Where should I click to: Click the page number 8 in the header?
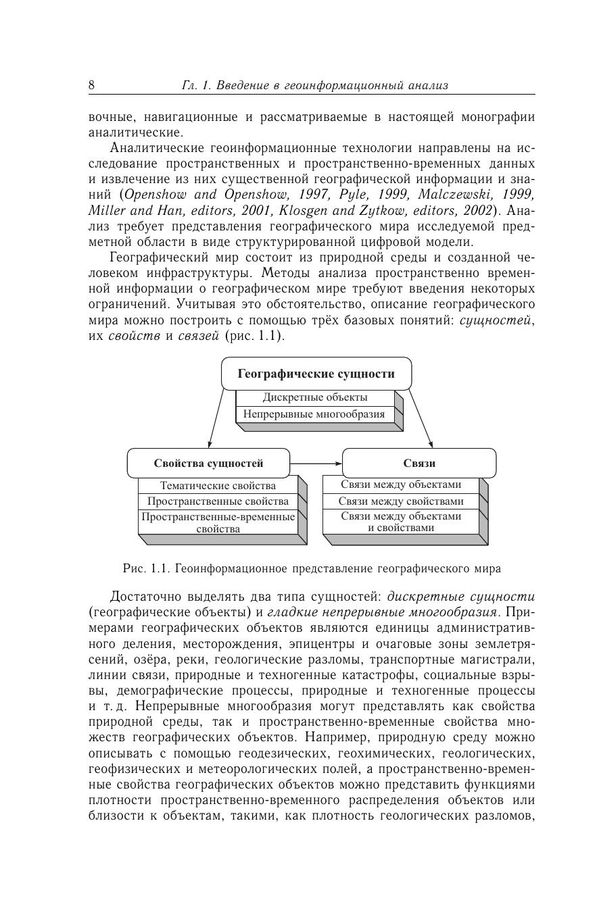92,85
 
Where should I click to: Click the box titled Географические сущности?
316,374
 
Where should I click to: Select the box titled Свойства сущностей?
208,463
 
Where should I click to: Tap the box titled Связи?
419,463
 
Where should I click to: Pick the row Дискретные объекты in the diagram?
315,397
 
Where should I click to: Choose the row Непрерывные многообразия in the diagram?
314,414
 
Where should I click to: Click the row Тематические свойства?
218,485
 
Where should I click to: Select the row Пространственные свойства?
218,501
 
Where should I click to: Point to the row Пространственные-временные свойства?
218,522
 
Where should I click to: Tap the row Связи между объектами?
401,484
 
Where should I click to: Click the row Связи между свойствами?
401,501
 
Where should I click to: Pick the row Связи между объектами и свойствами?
401,522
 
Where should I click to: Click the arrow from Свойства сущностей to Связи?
316,463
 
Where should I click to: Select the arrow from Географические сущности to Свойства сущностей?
216,419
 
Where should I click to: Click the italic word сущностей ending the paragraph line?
496,320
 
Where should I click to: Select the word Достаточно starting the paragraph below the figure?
142,597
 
